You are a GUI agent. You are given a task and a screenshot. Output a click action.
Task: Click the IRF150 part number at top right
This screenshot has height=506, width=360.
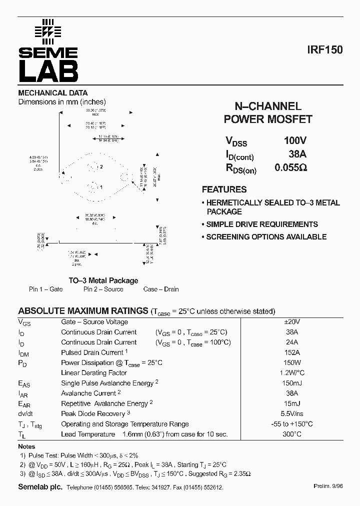(325, 50)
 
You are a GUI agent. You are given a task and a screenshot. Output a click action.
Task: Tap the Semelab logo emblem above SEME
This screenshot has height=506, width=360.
(48, 31)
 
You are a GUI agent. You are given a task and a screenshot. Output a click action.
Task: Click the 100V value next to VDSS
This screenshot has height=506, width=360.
(295, 141)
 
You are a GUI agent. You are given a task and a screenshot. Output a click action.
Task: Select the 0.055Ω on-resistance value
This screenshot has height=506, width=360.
(291, 168)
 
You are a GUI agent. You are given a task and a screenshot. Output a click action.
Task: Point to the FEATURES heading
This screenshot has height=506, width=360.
(224, 189)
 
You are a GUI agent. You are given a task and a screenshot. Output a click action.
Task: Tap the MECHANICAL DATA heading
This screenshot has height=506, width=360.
(53, 93)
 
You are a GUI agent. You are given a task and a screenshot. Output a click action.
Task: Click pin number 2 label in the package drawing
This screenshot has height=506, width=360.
(101, 166)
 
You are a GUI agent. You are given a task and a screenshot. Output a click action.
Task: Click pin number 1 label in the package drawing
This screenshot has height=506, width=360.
(101, 187)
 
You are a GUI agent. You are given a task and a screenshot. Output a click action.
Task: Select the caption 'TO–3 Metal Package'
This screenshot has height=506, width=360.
(103, 280)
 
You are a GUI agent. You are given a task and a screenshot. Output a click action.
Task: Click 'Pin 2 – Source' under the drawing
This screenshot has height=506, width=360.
(103, 289)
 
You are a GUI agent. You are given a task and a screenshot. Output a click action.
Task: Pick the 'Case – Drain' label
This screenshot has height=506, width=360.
(160, 289)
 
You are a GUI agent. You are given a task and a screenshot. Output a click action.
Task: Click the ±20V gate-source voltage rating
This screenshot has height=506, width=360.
(291, 322)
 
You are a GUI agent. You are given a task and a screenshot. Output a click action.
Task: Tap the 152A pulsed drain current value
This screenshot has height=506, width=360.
(291, 352)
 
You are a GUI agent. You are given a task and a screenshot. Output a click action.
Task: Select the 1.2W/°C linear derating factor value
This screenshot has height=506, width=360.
(291, 373)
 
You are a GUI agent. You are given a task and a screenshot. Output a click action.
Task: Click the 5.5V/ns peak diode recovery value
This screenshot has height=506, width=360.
(291, 414)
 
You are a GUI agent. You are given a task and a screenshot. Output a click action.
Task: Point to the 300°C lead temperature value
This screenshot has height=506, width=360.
(291, 434)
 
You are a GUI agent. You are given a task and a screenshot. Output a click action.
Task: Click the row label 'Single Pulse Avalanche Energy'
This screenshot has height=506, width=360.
(107, 383)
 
